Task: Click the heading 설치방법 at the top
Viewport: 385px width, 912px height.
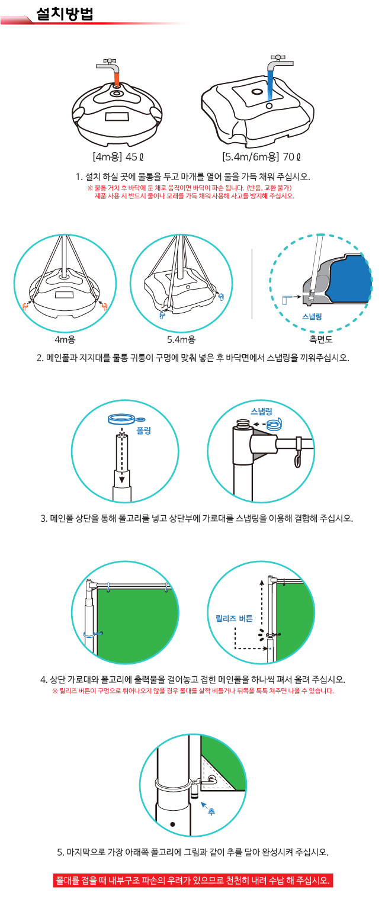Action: pyautogui.click(x=65, y=14)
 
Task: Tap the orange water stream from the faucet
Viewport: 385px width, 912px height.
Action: pyautogui.click(x=117, y=78)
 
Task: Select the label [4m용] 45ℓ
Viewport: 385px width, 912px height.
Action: pyautogui.click(x=118, y=157)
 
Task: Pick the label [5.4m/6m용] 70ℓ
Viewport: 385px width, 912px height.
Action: pyautogui.click(x=262, y=157)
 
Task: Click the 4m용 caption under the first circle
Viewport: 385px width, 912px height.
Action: pyautogui.click(x=65, y=339)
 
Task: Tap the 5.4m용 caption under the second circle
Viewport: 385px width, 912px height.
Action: pyautogui.click(x=181, y=339)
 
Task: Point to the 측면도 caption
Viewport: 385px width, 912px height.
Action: pyautogui.click(x=320, y=339)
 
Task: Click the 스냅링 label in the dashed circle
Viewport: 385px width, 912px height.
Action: pyautogui.click(x=312, y=316)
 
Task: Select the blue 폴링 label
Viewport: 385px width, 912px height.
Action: pyautogui.click(x=144, y=431)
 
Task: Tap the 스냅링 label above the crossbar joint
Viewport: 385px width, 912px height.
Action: pyautogui.click(x=261, y=411)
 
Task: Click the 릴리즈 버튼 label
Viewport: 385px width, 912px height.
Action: pyautogui.click(x=234, y=618)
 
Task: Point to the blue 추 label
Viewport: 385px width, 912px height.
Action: pyautogui.click(x=211, y=812)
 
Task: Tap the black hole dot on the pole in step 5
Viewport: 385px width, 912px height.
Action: pyautogui.click(x=172, y=824)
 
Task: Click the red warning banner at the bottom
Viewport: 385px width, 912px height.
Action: pyautogui.click(x=192, y=880)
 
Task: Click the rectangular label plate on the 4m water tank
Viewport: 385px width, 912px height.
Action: pyautogui.click(x=117, y=117)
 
